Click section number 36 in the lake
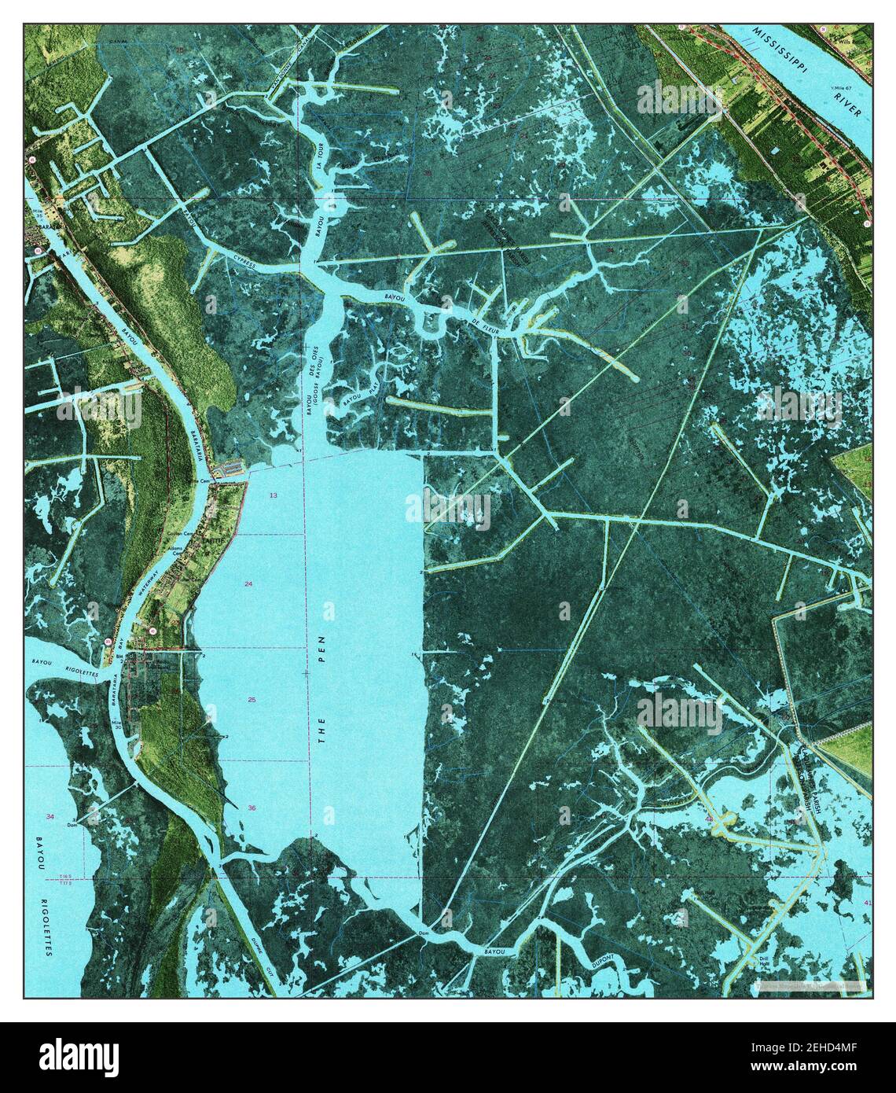pyautogui.click(x=252, y=808)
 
